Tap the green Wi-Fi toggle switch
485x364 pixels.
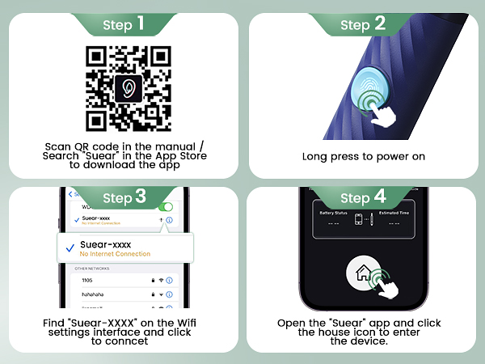click(x=166, y=207)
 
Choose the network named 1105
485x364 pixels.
click(x=88, y=279)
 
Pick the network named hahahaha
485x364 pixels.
click(x=96, y=294)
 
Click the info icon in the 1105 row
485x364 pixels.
click(x=170, y=279)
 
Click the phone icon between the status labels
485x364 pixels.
click(x=356, y=221)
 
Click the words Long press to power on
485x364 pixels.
click(x=363, y=157)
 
